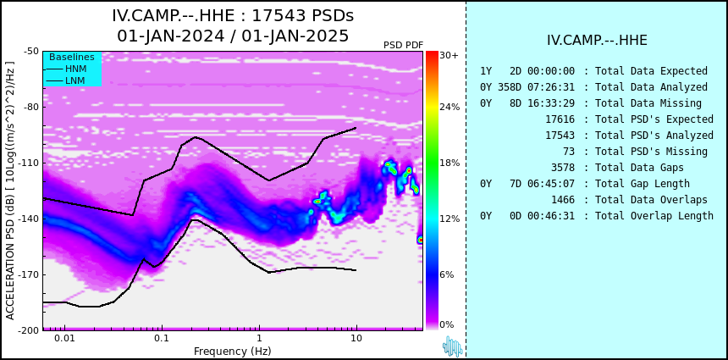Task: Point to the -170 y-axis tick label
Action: click(x=30, y=274)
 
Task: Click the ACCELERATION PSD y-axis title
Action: click(x=10, y=191)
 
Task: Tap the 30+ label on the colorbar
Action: click(x=449, y=55)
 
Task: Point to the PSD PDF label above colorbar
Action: click(x=404, y=45)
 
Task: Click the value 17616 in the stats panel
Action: click(x=560, y=119)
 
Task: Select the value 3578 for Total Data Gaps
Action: click(x=563, y=167)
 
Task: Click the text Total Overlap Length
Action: click(x=654, y=215)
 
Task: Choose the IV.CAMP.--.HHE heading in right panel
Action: click(x=597, y=40)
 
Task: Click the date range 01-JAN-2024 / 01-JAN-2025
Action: click(x=233, y=36)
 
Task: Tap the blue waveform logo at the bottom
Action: click(x=453, y=346)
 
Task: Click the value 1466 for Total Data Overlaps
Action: click(x=563, y=200)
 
